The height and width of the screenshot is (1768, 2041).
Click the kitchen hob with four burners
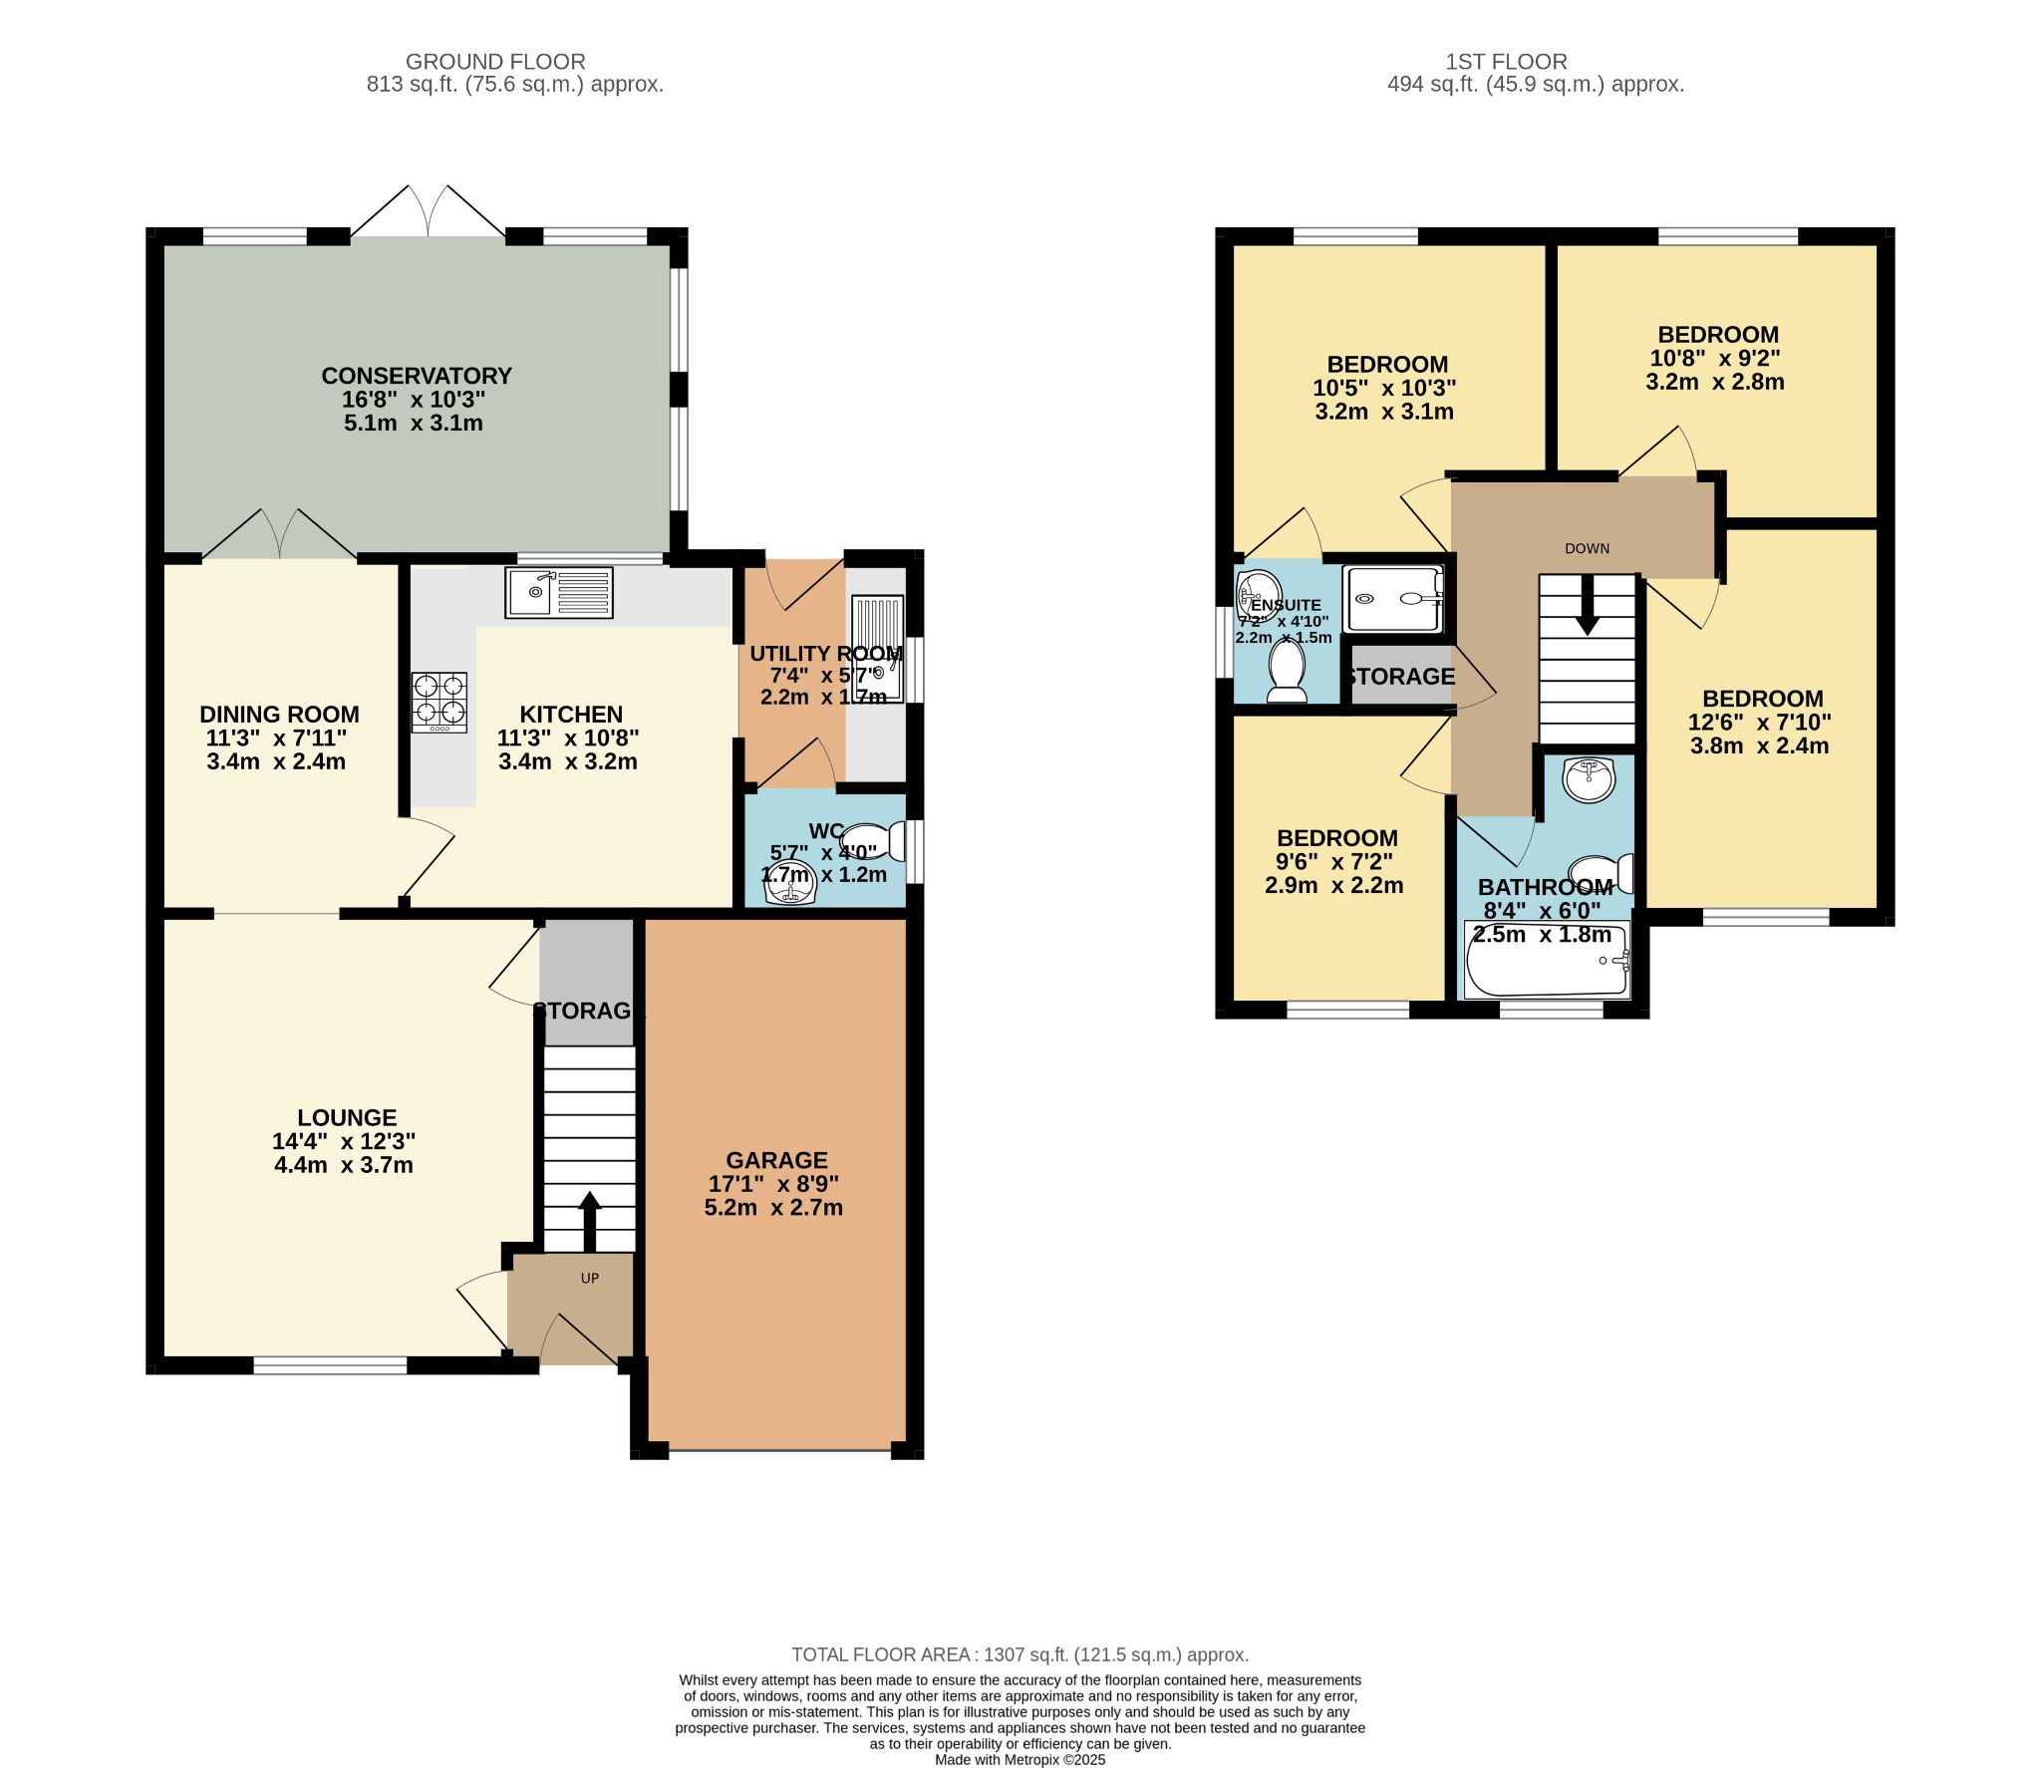click(x=439, y=702)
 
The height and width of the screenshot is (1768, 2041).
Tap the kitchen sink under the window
click(x=558, y=592)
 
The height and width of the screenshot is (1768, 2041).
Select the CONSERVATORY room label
click(x=416, y=376)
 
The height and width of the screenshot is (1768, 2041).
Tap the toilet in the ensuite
click(x=1286, y=671)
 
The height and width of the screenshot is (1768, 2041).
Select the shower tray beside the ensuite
click(x=1392, y=599)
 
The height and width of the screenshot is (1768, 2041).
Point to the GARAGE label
click(x=776, y=1160)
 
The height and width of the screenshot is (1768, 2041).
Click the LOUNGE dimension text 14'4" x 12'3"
click(x=344, y=1141)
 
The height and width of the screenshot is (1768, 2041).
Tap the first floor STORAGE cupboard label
click(x=1400, y=677)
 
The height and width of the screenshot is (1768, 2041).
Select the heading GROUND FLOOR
click(x=495, y=62)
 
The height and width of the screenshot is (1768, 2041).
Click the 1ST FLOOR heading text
click(x=1506, y=62)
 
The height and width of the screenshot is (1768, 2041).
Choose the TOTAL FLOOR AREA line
click(x=1020, y=1654)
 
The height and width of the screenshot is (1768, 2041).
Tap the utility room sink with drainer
click(x=878, y=648)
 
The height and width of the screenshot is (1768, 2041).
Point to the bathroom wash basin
click(x=1589, y=778)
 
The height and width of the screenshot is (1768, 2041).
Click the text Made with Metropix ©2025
click(x=1020, y=1759)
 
